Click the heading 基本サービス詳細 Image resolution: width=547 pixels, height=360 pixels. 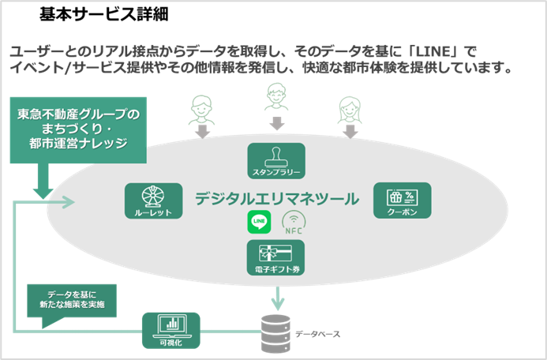click(x=103, y=14)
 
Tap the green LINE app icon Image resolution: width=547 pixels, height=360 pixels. click(x=259, y=222)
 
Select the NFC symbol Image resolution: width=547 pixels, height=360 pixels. click(x=294, y=223)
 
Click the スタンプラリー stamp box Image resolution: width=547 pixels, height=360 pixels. click(x=276, y=161)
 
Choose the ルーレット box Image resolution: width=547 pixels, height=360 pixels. click(x=153, y=201)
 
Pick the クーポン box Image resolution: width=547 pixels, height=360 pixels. click(x=403, y=201)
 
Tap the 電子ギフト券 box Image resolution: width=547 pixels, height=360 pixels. click(x=275, y=257)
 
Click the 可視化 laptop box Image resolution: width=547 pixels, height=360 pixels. click(x=171, y=330)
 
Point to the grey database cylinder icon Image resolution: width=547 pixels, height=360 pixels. click(x=275, y=333)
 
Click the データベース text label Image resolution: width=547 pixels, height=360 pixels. click(x=317, y=334)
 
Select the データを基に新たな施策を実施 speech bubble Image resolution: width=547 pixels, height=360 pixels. click(x=72, y=303)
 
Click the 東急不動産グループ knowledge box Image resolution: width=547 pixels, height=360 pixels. click(x=78, y=130)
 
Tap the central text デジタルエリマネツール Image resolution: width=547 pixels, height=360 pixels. click(x=276, y=199)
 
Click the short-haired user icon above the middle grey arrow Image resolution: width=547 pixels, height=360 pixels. click(x=276, y=96)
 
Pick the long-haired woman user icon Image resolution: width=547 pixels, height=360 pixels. click(x=350, y=111)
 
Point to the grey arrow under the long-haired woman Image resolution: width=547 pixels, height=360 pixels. click(x=350, y=132)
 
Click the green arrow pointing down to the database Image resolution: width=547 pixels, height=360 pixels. click(x=278, y=298)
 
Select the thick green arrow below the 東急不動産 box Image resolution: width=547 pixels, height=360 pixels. click(x=43, y=182)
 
